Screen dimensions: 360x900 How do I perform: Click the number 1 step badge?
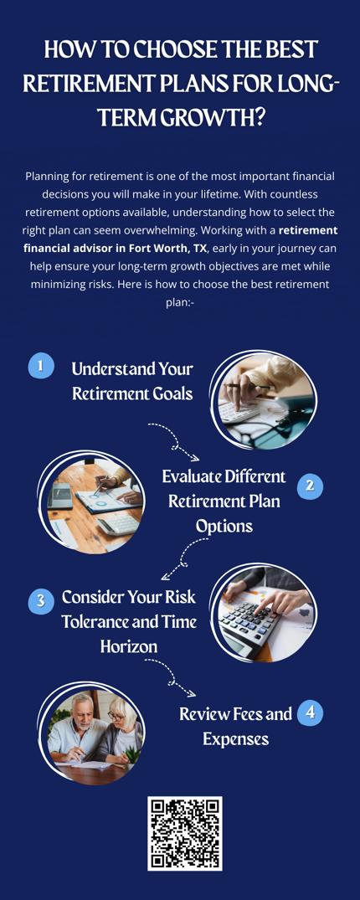(41, 366)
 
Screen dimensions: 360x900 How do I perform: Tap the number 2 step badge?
(310, 486)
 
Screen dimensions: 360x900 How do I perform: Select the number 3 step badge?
(41, 601)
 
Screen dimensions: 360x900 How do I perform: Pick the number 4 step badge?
(310, 713)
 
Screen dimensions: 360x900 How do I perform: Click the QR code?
(184, 832)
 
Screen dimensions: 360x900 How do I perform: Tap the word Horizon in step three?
(129, 646)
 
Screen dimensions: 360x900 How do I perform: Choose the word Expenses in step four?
(235, 739)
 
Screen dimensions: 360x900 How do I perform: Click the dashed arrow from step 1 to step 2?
(173, 441)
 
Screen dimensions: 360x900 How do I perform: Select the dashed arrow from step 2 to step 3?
(185, 558)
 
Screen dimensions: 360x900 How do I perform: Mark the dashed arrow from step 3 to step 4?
(170, 677)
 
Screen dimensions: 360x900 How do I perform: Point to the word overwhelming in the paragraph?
(229, 231)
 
